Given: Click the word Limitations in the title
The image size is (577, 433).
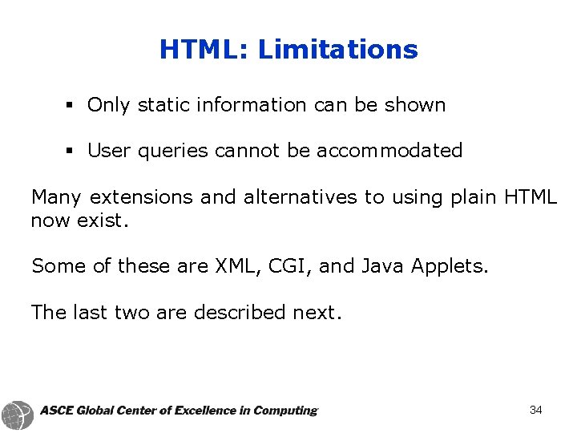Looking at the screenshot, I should point(337,50).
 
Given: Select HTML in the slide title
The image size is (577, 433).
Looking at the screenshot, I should point(203,50).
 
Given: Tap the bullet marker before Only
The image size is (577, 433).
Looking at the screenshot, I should point(71,105).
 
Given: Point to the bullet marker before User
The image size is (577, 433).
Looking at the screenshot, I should point(71,151).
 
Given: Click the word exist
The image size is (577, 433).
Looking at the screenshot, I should point(103,220).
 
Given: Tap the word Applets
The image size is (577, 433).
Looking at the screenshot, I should point(449,266).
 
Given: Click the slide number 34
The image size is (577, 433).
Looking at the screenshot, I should point(536,411).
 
